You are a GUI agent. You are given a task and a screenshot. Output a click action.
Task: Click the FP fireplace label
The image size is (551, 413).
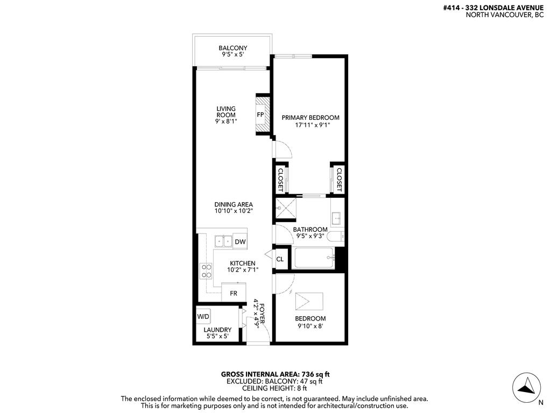pos(260,115)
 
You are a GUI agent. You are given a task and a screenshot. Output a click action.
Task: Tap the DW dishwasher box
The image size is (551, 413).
pos(240,242)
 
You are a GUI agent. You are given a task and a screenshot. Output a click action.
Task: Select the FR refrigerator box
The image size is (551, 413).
pos(234,293)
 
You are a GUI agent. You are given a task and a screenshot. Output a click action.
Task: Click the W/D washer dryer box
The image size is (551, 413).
pos(203,316)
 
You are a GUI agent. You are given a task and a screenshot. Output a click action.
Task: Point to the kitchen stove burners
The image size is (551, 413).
pos(206,270)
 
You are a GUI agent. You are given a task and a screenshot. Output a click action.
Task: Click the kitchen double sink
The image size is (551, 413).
pos(223,242)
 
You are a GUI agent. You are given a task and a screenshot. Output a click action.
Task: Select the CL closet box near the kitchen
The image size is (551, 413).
pos(280,259)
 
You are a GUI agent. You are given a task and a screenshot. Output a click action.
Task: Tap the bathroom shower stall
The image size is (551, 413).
pos(285,209)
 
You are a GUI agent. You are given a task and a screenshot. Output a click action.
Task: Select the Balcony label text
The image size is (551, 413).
pos(232,48)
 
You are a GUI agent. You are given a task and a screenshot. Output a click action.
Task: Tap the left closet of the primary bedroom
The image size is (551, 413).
pos(280,178)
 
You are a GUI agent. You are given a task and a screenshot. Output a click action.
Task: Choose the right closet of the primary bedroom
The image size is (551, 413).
pos(338,178)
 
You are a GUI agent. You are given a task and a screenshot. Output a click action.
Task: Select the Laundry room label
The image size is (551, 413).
pos(217,330)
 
